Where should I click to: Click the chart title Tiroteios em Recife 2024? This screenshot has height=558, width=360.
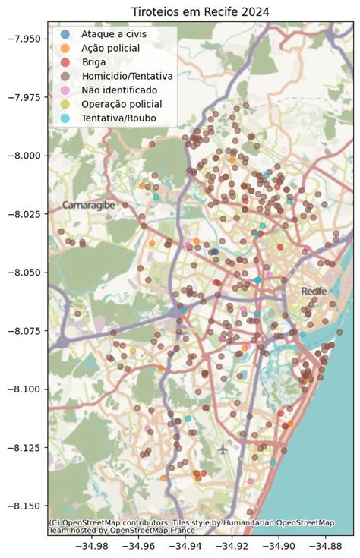point(200,11)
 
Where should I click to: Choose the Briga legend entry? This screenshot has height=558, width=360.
point(94,62)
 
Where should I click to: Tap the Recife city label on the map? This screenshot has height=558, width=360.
point(314,291)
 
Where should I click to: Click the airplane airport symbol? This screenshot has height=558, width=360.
point(223,448)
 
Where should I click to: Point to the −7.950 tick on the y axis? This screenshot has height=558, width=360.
point(25,39)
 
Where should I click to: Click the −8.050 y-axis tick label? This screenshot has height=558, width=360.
point(25,272)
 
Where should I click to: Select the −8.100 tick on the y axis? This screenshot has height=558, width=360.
point(25,389)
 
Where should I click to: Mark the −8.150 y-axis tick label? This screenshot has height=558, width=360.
point(25,506)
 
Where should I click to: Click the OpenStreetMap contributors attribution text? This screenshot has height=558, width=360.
point(190,523)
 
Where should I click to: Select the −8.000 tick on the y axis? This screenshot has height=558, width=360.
point(25,156)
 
